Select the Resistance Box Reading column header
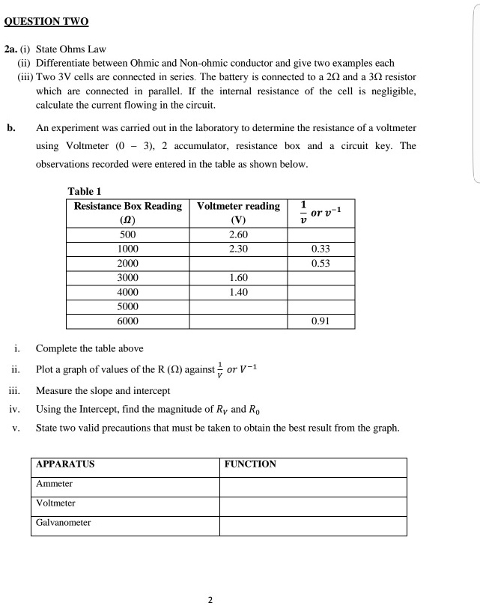(x=127, y=213)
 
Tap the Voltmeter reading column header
(x=238, y=213)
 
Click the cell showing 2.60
(x=238, y=234)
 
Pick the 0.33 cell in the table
(x=320, y=249)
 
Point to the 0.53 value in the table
(x=320, y=264)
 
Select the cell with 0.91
(x=320, y=321)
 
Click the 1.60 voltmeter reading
(x=238, y=278)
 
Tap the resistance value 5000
(x=128, y=307)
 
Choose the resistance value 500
(x=128, y=234)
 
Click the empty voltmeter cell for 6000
(x=238, y=321)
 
